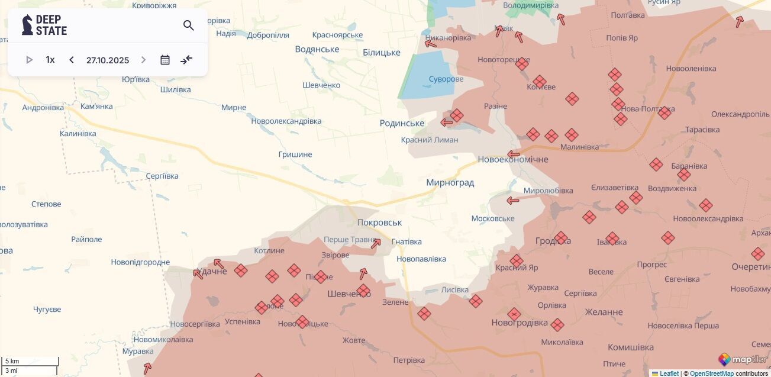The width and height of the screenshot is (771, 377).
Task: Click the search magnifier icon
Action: pos(189,25)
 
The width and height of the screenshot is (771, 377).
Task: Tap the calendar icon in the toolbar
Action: pos(165,60)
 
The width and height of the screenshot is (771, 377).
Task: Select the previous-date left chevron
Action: pos(72,60)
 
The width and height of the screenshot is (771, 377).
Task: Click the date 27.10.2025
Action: pos(108,60)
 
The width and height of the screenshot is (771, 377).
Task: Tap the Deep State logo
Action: pos(44,25)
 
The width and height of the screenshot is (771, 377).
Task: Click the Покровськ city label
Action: pos(379,223)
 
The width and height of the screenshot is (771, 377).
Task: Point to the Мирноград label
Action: pos(450,182)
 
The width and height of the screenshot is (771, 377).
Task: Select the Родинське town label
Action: pos(402,123)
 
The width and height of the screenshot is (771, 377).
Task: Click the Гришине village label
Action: pos(295,154)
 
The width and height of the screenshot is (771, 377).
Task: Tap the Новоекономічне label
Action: pos(512,159)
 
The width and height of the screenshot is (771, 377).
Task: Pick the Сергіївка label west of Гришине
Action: pos(162,176)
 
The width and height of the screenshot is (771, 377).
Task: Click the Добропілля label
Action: pos(268,35)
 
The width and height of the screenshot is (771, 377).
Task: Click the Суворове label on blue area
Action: pos(446,79)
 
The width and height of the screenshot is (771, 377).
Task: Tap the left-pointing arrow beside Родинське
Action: pos(447,123)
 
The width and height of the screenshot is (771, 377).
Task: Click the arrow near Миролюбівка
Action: pos(513,201)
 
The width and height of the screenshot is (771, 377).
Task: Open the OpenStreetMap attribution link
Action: pos(711,373)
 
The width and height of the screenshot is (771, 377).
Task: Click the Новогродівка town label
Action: pos(519,323)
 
